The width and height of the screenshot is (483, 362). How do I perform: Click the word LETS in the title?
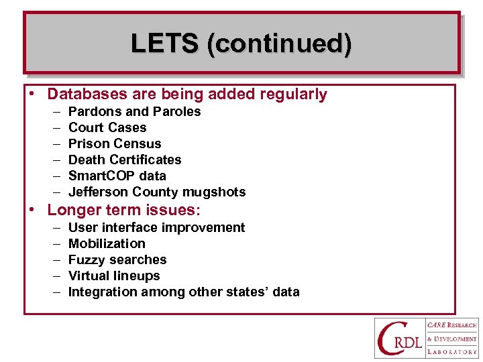[x=165, y=44]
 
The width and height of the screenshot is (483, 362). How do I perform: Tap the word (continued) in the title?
[x=279, y=44]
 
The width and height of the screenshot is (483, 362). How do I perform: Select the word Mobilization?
[x=107, y=244]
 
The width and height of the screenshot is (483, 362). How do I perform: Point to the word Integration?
[x=101, y=292]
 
